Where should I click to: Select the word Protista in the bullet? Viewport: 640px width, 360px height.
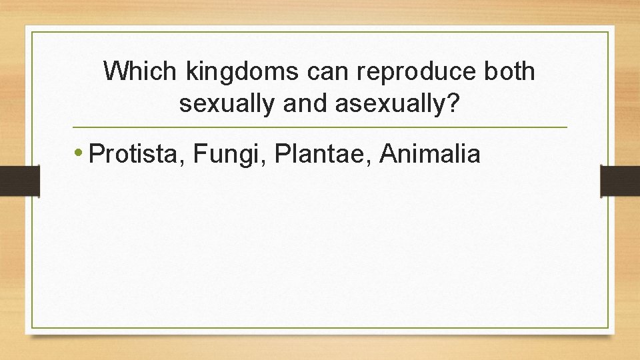136,155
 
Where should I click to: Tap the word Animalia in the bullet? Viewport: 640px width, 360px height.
430,155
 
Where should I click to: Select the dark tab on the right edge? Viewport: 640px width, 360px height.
620,181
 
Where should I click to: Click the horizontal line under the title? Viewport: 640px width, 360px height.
320,127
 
